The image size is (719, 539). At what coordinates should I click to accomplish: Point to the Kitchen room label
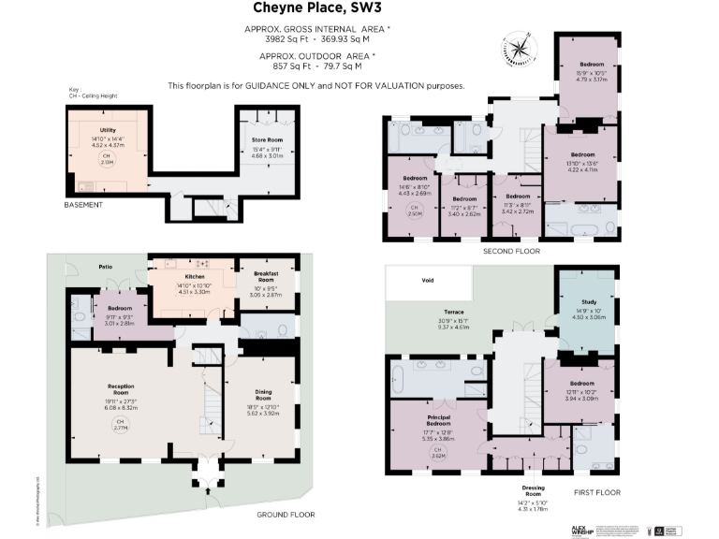tap(194, 277)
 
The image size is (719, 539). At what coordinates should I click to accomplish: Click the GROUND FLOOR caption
tap(285, 514)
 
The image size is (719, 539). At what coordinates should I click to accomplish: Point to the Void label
tap(427, 279)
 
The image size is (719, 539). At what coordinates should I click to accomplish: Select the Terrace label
tap(455, 312)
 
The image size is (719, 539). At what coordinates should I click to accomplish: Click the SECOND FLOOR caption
tap(510, 251)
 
